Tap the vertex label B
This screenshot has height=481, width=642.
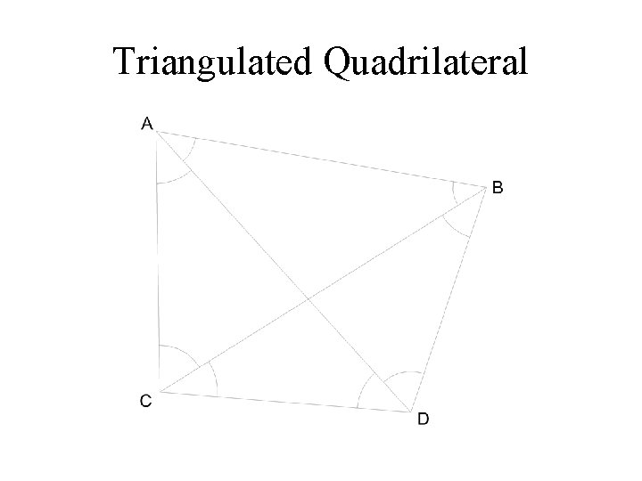(498, 188)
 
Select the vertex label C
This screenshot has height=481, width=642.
(145, 401)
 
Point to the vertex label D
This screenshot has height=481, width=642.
(424, 420)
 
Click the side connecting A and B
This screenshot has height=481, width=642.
(321, 161)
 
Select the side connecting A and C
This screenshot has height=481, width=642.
(158, 263)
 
